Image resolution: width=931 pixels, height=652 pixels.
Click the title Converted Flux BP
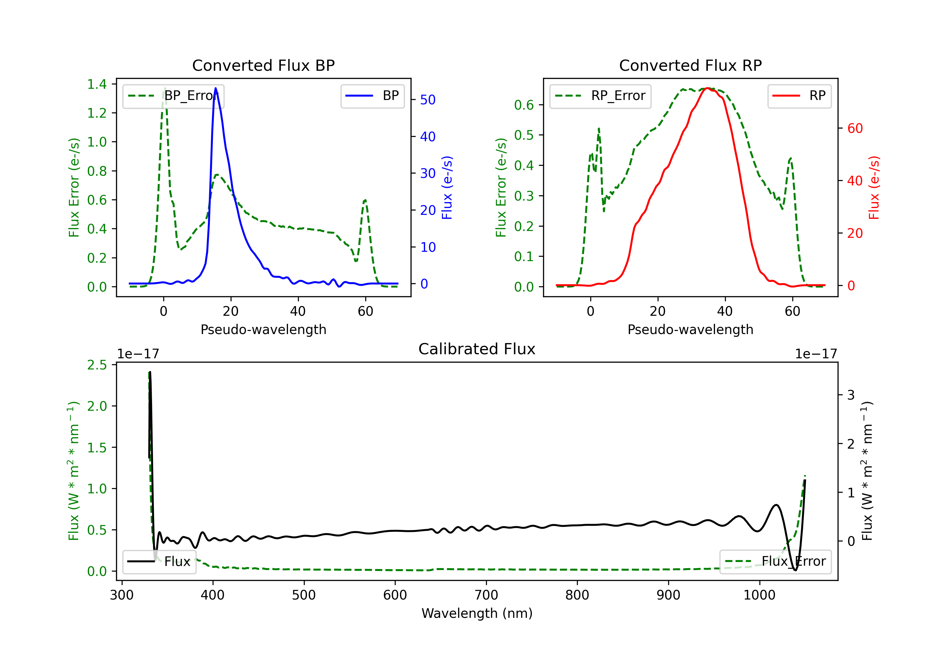263,65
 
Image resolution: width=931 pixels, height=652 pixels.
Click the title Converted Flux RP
690,65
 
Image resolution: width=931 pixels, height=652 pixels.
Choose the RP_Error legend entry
600,96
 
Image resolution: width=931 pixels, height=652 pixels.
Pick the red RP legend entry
799,96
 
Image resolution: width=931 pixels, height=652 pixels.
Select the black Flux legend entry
160,562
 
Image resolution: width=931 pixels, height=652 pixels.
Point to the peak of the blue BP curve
216,88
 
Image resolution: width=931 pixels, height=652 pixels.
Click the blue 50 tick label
428,100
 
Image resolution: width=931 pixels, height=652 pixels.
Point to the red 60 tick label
855,129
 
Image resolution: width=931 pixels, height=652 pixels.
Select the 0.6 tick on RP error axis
524,105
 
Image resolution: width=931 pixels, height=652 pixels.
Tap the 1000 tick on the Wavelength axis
759,595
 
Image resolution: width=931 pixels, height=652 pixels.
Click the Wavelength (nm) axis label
477,613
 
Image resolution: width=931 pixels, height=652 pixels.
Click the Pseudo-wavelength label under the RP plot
690,329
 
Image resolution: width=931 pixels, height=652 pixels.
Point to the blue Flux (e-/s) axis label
447,188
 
